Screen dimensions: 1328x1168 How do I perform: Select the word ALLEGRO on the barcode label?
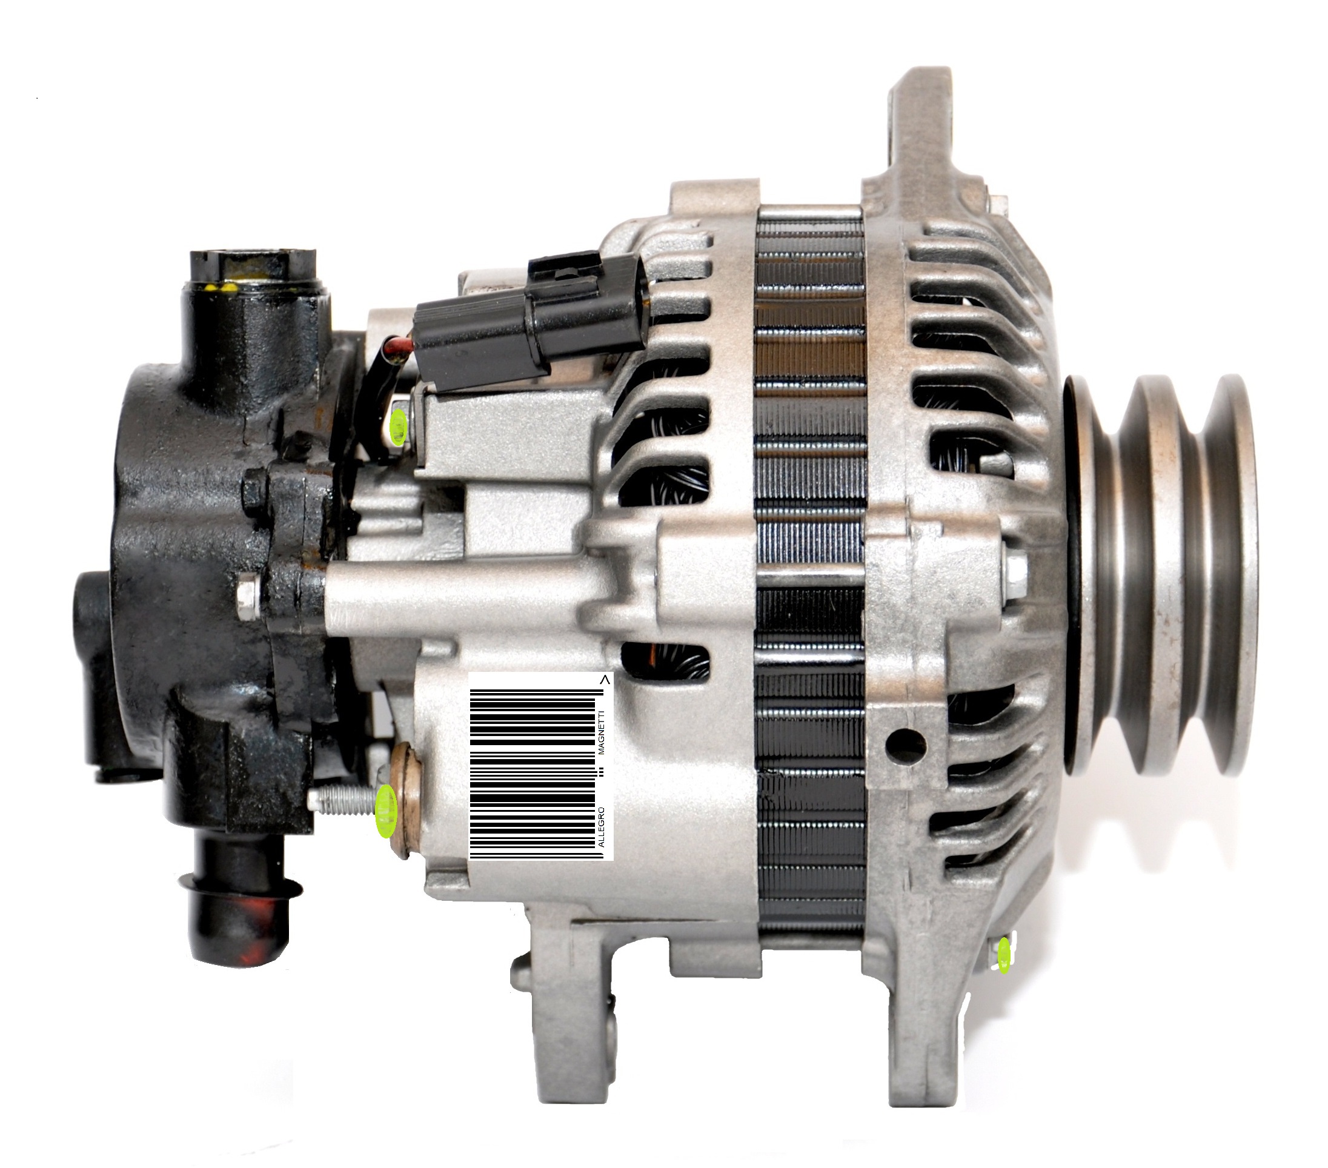click(601, 826)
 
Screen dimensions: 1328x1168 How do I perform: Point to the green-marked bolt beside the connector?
click(399, 423)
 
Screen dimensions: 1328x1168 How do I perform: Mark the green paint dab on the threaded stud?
click(387, 810)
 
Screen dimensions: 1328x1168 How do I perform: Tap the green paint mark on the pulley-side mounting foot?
click(1004, 955)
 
